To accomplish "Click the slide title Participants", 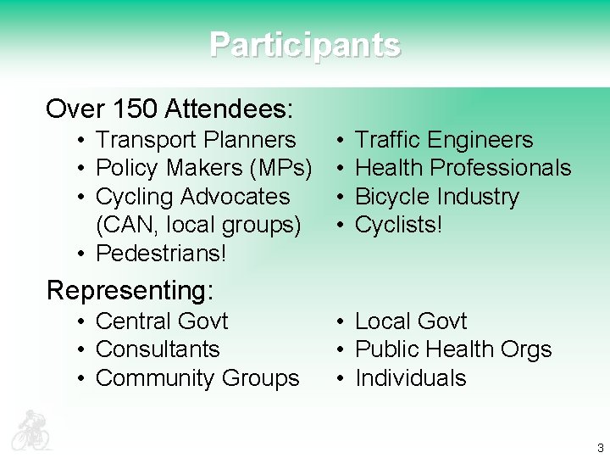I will tap(305, 44).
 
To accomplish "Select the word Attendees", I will tap(229, 109).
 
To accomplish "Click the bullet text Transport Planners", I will tap(196, 140).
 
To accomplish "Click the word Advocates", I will tap(243, 197).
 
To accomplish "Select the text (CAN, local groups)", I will tap(198, 225).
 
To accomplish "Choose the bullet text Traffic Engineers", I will tap(444, 140).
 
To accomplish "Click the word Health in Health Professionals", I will tap(389, 168).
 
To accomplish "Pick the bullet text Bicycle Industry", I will tap(436, 197).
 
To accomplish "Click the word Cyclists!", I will tap(399, 225).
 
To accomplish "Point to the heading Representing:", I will tap(130, 290).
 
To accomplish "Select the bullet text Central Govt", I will tap(162, 321).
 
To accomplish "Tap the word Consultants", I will tap(158, 349).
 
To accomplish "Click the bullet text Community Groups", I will tap(197, 378).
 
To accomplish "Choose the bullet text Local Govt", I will tap(411, 321).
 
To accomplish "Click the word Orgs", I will tap(526, 349).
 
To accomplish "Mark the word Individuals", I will tap(410, 378).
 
